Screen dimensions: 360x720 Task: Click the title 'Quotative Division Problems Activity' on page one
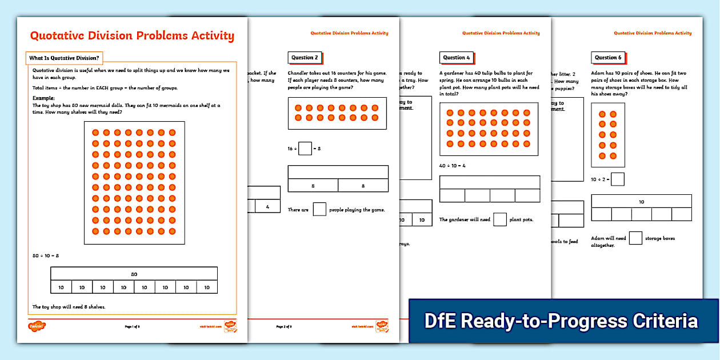click(x=132, y=36)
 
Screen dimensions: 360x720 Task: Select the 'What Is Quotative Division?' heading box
click(x=64, y=58)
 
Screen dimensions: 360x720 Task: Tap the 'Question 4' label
click(x=456, y=58)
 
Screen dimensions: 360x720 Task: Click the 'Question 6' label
click(x=607, y=58)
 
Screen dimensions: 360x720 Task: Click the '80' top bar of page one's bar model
click(x=134, y=274)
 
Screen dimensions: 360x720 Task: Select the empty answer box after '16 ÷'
click(x=305, y=149)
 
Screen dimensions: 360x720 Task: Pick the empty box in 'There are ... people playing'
click(x=319, y=210)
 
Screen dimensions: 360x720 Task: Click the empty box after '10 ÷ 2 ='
click(x=618, y=179)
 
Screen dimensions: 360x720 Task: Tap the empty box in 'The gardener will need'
click(x=500, y=219)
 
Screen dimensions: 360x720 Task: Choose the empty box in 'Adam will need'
click(x=635, y=238)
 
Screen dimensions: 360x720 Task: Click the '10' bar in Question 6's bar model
click(x=641, y=201)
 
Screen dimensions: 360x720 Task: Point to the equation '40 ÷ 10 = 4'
click(x=453, y=166)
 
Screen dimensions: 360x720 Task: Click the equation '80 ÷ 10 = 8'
click(x=46, y=255)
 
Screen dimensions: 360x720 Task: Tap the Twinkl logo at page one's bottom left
click(x=37, y=326)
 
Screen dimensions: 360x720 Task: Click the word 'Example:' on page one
click(x=43, y=98)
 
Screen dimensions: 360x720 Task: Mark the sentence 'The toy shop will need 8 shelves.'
click(x=69, y=307)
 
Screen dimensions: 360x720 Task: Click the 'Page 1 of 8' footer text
click(x=132, y=326)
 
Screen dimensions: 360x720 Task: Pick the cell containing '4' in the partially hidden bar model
click(x=267, y=206)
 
